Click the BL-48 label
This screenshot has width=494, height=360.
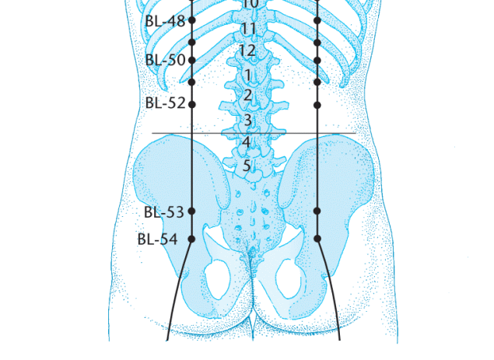[x=165, y=21]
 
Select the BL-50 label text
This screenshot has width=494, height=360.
[x=166, y=60]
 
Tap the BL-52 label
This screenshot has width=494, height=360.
[x=166, y=103]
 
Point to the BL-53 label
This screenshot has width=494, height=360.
[x=164, y=212]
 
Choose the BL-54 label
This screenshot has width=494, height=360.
[x=157, y=239]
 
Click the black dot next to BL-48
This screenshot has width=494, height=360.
[x=192, y=20]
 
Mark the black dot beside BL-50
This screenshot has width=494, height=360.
[x=192, y=60]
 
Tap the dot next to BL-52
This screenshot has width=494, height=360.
[x=192, y=104]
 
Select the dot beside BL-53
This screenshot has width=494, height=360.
[x=191, y=211]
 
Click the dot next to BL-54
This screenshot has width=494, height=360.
[x=191, y=239]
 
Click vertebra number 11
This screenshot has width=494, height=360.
[x=249, y=29]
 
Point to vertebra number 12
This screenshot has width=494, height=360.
[x=247, y=51]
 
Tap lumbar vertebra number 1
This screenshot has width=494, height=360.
[x=247, y=75]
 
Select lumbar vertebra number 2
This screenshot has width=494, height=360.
[x=248, y=95]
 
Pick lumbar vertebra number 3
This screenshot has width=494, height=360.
[x=248, y=121]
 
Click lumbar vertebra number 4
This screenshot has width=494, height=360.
[x=247, y=142]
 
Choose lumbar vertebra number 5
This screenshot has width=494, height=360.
[x=247, y=166]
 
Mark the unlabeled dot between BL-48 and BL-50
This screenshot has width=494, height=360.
[x=192, y=42]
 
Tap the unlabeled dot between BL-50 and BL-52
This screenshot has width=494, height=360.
[x=192, y=82]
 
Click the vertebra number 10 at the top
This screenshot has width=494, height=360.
[x=251, y=4]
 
